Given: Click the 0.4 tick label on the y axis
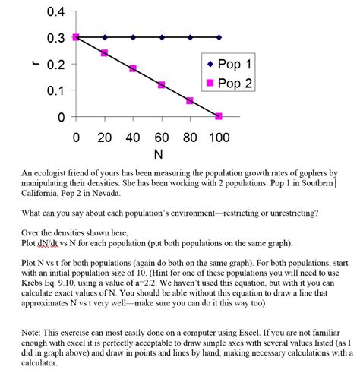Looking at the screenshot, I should coord(55,11).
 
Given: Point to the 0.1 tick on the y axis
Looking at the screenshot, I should coord(55,90).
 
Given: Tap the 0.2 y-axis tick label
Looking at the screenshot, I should coord(55,64).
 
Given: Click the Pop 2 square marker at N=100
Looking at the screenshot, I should coord(219,116).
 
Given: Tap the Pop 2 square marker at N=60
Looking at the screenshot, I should coord(161,85).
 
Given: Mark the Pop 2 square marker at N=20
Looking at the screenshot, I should coord(104,53).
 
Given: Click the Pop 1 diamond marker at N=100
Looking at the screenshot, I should coord(219,37).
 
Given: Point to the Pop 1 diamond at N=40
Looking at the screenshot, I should coord(133,37).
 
